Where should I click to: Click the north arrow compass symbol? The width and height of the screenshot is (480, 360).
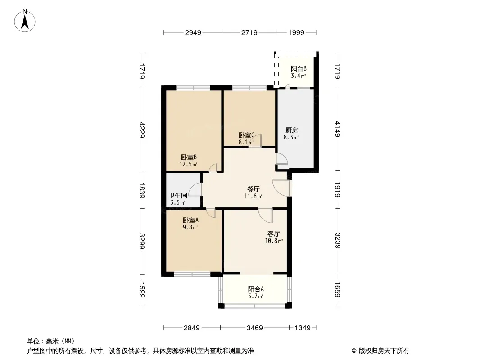(x=26, y=20)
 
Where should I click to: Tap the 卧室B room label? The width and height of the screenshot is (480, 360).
(x=189, y=157)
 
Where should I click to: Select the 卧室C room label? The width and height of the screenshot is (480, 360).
(x=246, y=135)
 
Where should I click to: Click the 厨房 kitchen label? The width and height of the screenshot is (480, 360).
(x=290, y=130)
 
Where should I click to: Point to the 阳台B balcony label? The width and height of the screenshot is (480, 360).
(x=298, y=69)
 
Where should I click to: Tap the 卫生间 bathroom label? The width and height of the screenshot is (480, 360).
(x=178, y=196)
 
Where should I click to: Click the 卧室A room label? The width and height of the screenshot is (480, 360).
(x=190, y=220)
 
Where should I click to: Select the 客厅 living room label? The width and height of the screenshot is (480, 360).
(x=274, y=234)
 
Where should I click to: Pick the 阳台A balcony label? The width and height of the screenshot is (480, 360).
(x=255, y=289)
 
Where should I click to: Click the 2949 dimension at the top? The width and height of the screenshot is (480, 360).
(x=192, y=32)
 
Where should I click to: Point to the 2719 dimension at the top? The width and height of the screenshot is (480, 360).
(x=249, y=32)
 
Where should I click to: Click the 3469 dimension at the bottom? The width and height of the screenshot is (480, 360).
(x=254, y=328)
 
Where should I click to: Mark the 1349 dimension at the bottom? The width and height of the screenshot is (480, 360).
(x=302, y=328)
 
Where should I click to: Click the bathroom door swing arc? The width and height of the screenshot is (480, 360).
(x=195, y=190)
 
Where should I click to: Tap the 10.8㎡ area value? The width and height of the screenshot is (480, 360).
(x=274, y=241)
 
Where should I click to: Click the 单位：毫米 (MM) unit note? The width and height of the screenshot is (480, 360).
(x=50, y=341)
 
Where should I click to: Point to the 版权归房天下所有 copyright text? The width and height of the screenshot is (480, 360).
(x=380, y=351)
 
